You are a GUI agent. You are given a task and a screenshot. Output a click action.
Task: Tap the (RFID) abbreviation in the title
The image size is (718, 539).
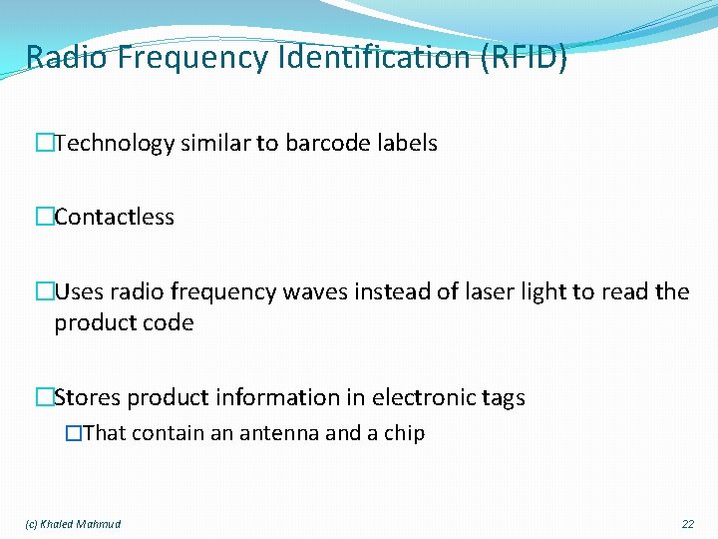tap(524, 58)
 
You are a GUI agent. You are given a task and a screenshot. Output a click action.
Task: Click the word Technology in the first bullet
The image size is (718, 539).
tap(115, 144)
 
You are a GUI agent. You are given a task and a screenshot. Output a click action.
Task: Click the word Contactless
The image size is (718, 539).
tap(114, 218)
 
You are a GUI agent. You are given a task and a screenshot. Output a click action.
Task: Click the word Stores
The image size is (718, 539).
tap(85, 398)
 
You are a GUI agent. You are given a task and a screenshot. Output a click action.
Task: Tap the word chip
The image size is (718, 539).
tap(405, 433)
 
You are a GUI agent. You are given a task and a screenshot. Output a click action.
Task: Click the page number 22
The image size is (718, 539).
tap(688, 524)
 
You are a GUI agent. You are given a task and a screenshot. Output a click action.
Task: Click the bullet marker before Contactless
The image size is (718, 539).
tap(44, 218)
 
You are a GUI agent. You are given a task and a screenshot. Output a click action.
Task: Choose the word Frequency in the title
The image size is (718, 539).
tap(192, 58)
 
